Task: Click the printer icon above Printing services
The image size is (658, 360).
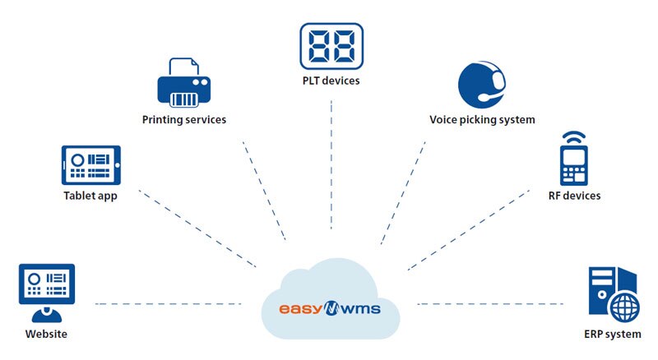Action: coord(183,82)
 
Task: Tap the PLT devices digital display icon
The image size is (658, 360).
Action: coord(331,46)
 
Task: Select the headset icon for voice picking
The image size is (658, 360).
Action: coord(482,85)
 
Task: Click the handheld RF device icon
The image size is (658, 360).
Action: coord(573,165)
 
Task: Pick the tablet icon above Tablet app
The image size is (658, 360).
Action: coord(91,165)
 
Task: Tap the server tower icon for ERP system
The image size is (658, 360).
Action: coord(614,294)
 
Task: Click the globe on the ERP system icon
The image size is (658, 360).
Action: coord(625,307)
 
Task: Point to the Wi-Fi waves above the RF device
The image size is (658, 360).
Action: coord(573,137)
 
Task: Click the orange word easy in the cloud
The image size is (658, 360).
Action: coord(300,309)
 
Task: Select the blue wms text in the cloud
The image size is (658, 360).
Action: coord(361,310)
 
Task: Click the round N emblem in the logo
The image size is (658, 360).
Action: coord(331,309)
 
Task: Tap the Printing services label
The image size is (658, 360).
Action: coord(184,120)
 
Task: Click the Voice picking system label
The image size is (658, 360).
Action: coord(482,120)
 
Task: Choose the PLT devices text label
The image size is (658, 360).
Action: coord(331,81)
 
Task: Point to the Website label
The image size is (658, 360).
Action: coord(46,334)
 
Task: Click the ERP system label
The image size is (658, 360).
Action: coord(613,335)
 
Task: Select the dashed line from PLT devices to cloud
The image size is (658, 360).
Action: coord(331,164)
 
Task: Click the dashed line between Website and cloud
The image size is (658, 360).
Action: coord(169,304)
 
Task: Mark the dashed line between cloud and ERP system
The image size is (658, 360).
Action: coord(490,304)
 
